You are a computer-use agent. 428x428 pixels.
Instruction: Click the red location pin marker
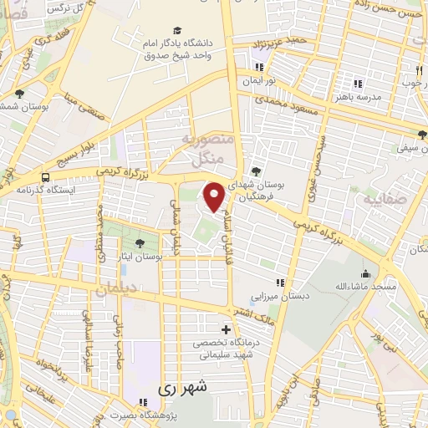215,197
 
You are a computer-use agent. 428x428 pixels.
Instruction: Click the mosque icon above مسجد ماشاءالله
365,273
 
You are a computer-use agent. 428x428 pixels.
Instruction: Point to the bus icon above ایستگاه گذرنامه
44,177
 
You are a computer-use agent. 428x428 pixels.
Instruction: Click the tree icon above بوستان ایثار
139,243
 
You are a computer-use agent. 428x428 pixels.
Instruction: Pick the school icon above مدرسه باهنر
358,83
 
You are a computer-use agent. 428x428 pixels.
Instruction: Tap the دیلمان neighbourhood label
114,288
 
